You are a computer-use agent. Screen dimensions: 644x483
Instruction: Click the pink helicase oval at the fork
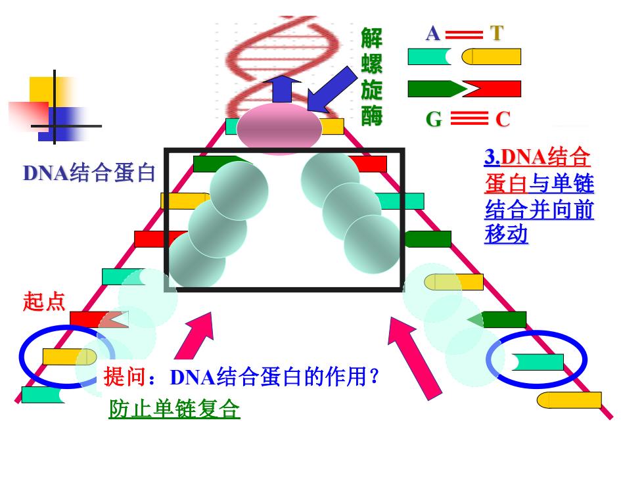tap(279, 127)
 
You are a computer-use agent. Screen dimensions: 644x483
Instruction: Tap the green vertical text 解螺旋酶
tap(372, 77)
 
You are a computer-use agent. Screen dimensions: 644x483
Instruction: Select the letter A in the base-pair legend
tap(433, 34)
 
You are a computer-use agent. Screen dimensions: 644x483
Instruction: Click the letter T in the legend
tap(497, 34)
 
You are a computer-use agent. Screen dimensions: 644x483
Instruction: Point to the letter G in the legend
tap(434, 120)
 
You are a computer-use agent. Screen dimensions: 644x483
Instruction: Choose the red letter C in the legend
tap(503, 120)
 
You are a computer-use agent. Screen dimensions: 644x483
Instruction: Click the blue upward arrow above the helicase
tap(282, 89)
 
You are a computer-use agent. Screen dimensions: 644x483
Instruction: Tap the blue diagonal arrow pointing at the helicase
tap(332, 89)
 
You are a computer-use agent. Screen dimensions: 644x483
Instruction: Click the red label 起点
tap(44, 301)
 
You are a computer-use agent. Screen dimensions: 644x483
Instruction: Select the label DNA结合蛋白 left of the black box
tap(89, 172)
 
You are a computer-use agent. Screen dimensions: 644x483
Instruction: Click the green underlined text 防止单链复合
tap(174, 409)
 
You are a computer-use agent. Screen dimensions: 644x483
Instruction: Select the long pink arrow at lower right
tap(414, 357)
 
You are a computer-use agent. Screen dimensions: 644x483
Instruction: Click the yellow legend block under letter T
tap(492, 57)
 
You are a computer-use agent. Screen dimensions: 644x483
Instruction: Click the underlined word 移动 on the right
tap(506, 235)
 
